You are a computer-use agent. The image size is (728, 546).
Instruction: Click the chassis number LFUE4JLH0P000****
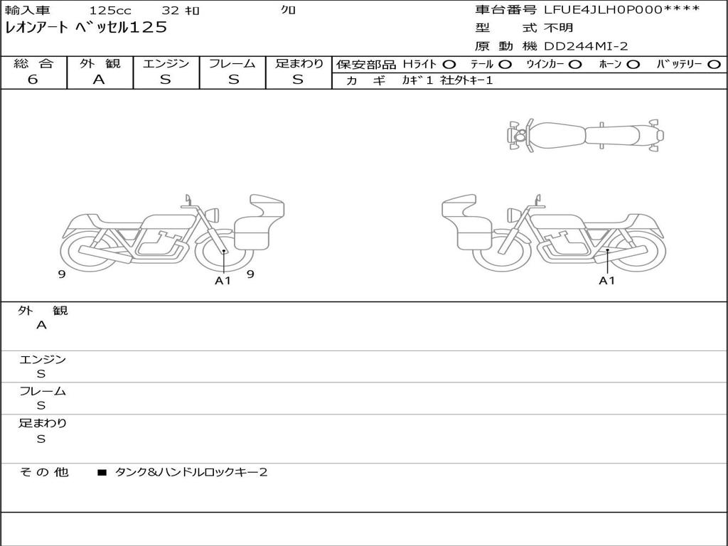tap(621, 10)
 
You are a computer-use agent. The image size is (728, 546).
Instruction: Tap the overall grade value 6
tap(33, 79)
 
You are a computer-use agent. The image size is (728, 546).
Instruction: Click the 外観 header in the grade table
tap(100, 63)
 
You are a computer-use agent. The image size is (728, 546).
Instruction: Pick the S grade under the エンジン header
tap(166, 79)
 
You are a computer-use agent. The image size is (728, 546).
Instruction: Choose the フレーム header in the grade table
tap(232, 63)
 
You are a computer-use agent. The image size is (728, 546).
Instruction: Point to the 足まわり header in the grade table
tap(299, 63)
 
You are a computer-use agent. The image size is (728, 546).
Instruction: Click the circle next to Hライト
tap(449, 65)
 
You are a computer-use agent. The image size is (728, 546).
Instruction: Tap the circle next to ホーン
tap(633, 65)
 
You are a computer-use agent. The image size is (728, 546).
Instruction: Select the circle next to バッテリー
tap(714, 65)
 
